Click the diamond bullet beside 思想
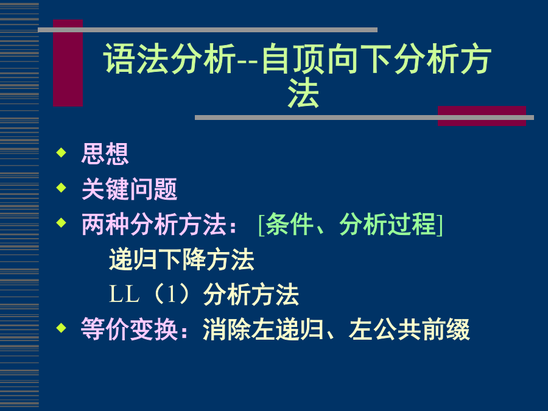61,152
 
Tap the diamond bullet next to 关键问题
61,188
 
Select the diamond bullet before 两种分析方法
61,223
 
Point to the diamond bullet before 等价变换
61,328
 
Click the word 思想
105,154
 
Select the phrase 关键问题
129,189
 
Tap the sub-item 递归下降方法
181,259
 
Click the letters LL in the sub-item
124,294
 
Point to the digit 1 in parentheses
171,294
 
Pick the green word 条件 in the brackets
289,224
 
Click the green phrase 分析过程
388,224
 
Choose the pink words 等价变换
129,329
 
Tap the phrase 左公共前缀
409,329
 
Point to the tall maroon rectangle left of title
68,63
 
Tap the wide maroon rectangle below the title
482,116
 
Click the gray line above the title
208,30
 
